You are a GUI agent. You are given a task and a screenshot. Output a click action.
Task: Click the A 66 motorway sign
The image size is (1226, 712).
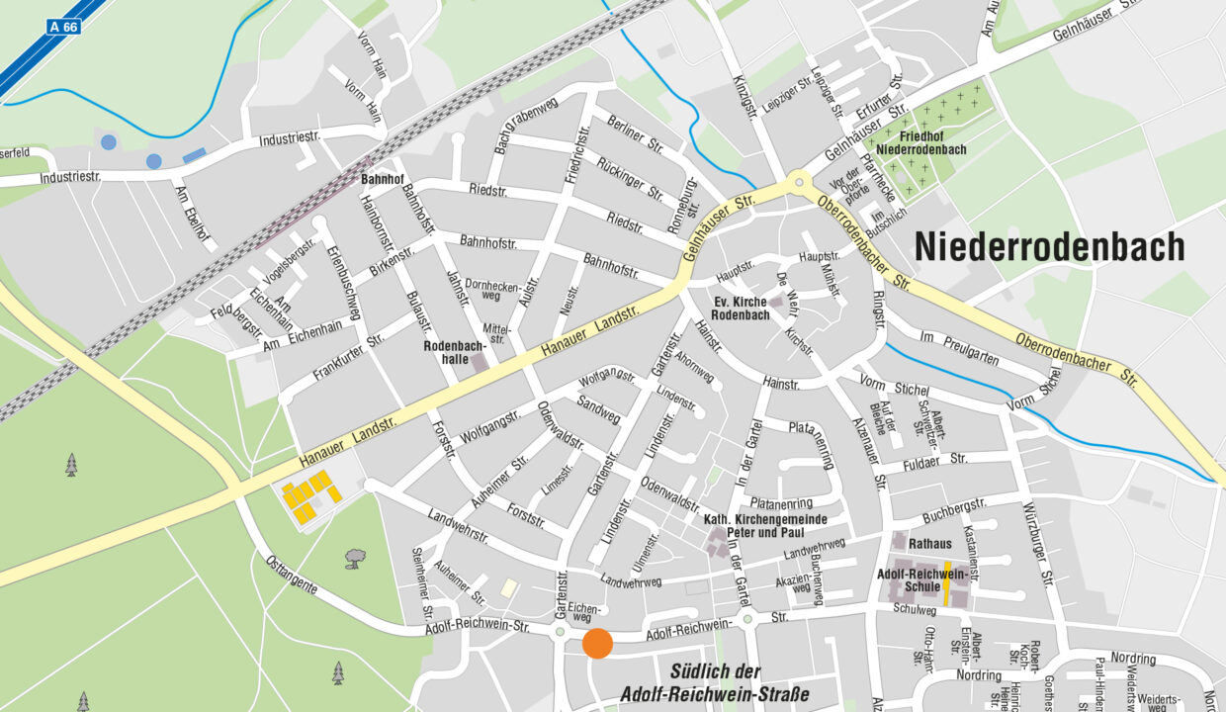[63, 27]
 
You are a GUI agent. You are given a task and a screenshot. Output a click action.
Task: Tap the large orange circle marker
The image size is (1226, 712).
[597, 643]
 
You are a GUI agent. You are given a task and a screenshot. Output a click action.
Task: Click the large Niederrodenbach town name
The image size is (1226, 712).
[1049, 246]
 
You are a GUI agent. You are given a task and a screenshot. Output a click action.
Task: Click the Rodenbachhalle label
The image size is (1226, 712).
[454, 353]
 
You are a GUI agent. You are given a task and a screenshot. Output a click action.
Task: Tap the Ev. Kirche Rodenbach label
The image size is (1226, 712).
[741, 308]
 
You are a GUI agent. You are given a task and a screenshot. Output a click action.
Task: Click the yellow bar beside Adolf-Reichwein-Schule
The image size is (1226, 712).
[946, 583]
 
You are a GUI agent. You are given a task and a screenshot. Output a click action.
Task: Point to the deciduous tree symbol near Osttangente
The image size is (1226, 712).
[353, 560]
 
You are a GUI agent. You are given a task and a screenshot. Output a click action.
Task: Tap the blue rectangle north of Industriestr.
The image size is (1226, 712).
[195, 155]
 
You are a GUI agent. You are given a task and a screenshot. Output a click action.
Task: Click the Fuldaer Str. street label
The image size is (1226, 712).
[933, 460]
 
